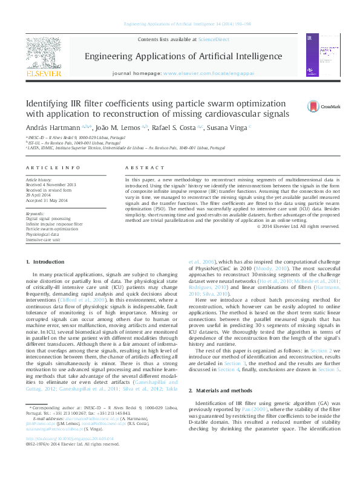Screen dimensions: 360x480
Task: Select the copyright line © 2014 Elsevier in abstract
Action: pos(306,226)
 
